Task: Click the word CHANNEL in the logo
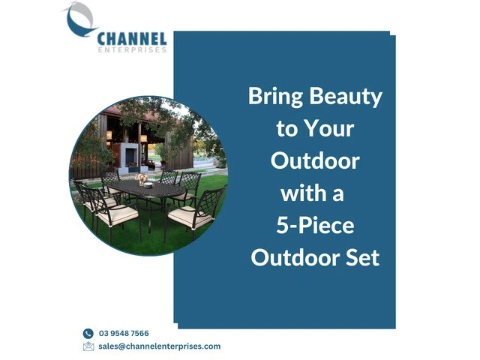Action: (132, 39)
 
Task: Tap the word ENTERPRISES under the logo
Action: (133, 50)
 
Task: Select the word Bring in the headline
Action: (275, 97)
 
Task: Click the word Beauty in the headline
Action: (346, 97)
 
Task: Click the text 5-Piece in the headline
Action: (315, 226)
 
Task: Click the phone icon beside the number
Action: (88, 333)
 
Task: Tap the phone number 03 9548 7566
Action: (124, 333)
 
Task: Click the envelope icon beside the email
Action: (88, 346)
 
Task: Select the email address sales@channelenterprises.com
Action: (160, 346)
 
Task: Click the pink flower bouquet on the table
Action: (141, 178)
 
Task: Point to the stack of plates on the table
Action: (148, 185)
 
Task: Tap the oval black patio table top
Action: (146, 189)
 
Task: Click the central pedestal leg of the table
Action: (150, 214)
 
